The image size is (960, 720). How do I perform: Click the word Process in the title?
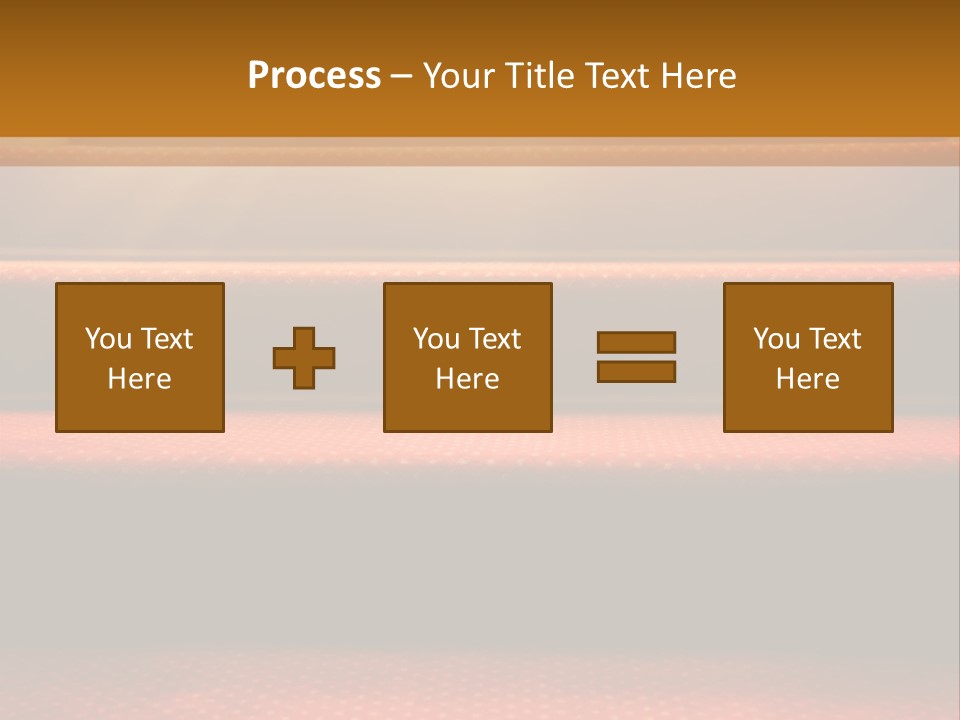[314, 76]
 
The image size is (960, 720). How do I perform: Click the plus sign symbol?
[304, 358]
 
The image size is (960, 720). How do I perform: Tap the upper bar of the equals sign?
[636, 342]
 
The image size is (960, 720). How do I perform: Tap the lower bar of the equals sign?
[636, 371]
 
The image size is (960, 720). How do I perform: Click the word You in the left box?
[108, 339]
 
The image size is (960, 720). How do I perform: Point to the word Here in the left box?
[140, 379]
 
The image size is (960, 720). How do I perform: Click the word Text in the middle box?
[494, 339]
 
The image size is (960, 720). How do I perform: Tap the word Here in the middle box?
[468, 379]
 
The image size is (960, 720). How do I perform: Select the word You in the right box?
[776, 339]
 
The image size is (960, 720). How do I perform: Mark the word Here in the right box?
[808, 379]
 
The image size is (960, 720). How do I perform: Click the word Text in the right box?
[834, 339]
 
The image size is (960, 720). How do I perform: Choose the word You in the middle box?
[436, 339]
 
